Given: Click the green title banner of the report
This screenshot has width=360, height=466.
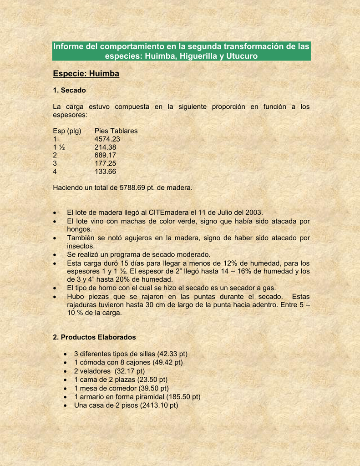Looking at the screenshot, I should pyautogui.click(x=181, y=51).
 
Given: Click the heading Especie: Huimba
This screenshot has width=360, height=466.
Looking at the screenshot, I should pyautogui.click(x=86, y=73).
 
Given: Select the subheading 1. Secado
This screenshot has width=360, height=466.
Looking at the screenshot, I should pyautogui.click(x=69, y=90).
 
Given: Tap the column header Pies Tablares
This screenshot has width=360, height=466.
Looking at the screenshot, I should pyautogui.click(x=116, y=131).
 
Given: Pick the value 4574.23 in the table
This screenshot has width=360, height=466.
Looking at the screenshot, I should pyautogui.click(x=107, y=139).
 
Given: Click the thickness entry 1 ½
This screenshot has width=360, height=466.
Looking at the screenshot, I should pyautogui.click(x=59, y=147).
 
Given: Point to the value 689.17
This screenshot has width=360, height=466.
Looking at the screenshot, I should pyautogui.click(x=105, y=155).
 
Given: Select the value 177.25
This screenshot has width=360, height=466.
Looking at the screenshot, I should pyautogui.click(x=105, y=163).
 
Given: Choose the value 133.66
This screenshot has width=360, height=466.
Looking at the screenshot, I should pyautogui.click(x=105, y=172).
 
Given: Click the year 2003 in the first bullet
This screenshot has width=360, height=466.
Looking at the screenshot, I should pyautogui.click(x=254, y=213).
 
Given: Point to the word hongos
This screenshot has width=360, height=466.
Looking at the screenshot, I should pyautogui.click(x=79, y=229).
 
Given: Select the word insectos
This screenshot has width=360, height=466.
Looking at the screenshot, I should pyautogui.click(x=81, y=246).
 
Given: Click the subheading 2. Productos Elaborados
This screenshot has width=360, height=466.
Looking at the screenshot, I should pyautogui.click(x=94, y=337).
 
